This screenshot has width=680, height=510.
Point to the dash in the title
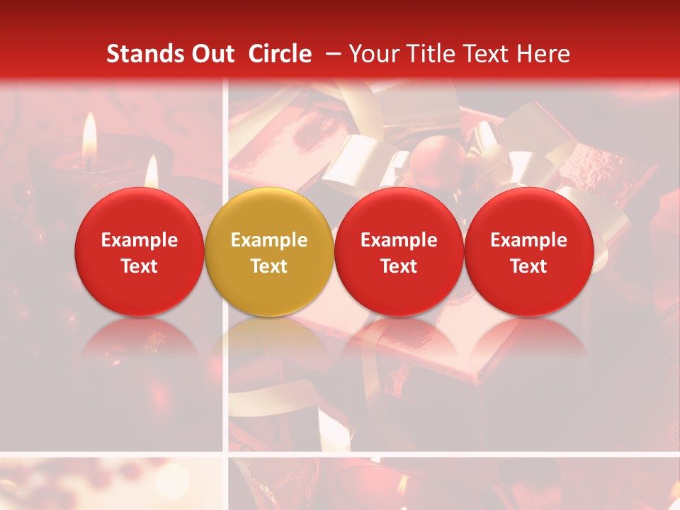coord(330,54)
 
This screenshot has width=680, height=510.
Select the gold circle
coord(269,252)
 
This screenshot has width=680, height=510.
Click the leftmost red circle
coord(140,252)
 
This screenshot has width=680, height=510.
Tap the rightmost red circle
coord(528,252)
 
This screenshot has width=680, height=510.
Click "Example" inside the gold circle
coord(269,240)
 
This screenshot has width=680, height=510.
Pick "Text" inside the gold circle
coord(269,266)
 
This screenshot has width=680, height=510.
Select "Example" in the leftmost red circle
coord(140,240)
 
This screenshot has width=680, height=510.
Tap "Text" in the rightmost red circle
coord(528,266)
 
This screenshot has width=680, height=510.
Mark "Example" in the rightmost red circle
coord(528,240)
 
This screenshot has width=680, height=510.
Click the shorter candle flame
coord(151,172)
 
